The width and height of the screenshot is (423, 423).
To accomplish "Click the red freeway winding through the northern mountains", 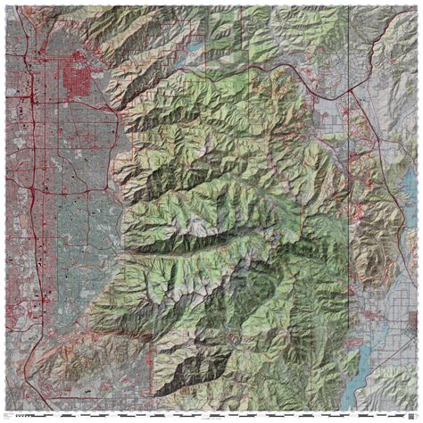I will click(268, 67).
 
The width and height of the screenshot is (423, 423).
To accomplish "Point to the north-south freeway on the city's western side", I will click(29, 178).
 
